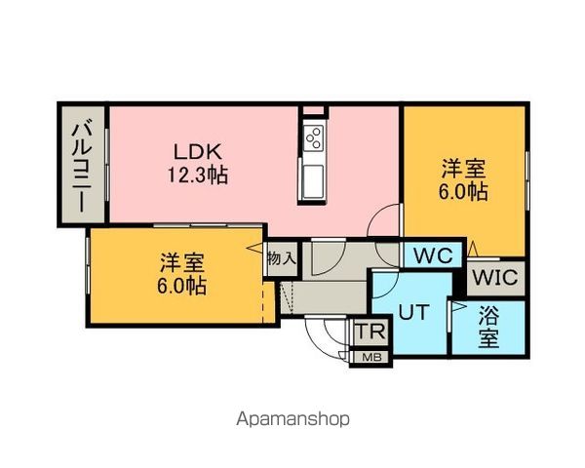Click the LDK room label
tap(199, 152)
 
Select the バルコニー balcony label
tap(83, 165)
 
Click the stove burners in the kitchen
tap(314, 137)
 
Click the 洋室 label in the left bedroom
tap(182, 263)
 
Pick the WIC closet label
tap(495, 277)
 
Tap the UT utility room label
tap(410, 312)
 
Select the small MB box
tap(371, 357)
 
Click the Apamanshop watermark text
tap(292, 419)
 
